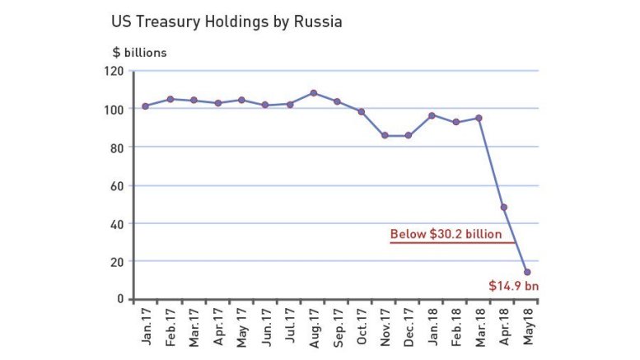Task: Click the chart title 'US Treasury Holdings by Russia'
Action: pos(227,21)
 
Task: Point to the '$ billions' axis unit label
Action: pos(140,53)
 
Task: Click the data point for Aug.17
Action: pos(313,93)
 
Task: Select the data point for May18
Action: pos(527,272)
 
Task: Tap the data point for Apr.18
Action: pos(503,208)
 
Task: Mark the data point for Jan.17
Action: pos(145,106)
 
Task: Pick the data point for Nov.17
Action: pos(385,135)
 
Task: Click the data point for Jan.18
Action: pos(432,115)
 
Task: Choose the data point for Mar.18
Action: pos(479,118)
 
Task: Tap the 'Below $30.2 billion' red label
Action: pos(446,235)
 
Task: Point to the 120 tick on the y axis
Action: pos(114,72)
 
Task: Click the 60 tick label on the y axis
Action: pos(117,186)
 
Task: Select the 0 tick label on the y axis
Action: pos(120,299)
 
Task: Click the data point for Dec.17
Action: pos(409,135)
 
